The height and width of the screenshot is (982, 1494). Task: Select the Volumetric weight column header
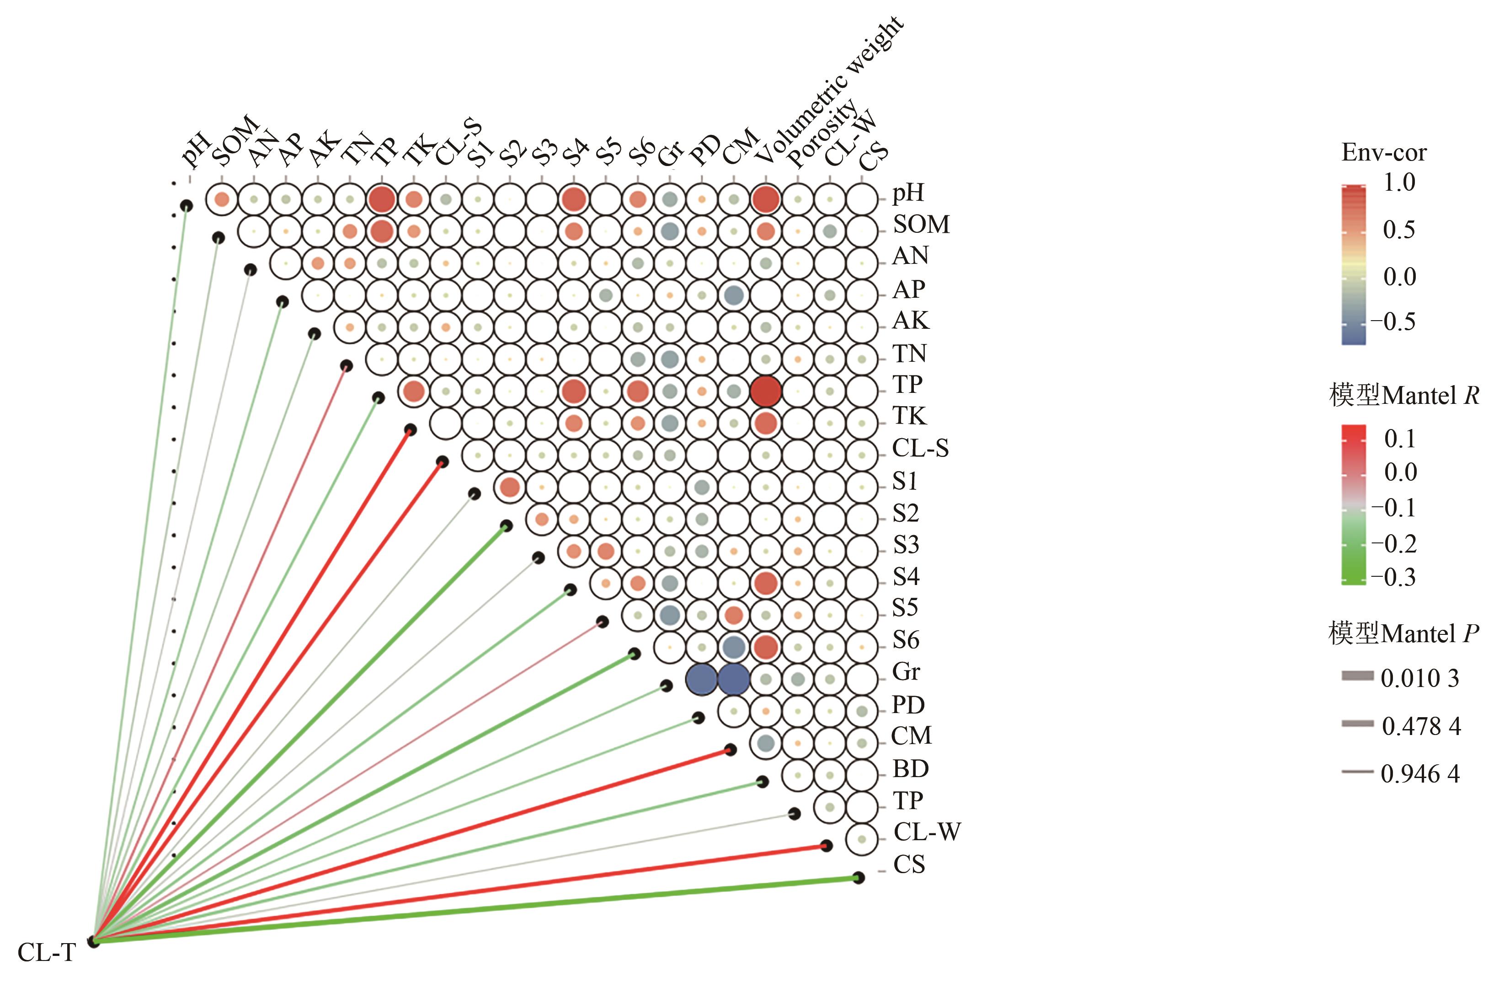click(x=829, y=91)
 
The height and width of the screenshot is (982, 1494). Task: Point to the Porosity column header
click(x=822, y=135)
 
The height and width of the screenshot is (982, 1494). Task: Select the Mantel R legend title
click(x=1403, y=396)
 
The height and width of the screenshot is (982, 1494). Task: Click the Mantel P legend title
click(x=1403, y=634)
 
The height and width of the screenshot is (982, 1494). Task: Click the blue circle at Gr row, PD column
click(x=701, y=679)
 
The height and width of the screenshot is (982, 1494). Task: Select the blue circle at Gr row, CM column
click(x=733, y=679)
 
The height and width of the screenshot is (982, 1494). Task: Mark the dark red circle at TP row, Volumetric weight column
click(x=766, y=391)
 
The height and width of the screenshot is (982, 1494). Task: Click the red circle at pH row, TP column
click(x=382, y=200)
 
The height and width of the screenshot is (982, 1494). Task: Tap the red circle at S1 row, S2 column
click(x=510, y=487)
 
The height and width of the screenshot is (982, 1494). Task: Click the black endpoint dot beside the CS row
click(x=858, y=878)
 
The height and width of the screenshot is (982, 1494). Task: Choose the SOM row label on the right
click(x=921, y=225)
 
